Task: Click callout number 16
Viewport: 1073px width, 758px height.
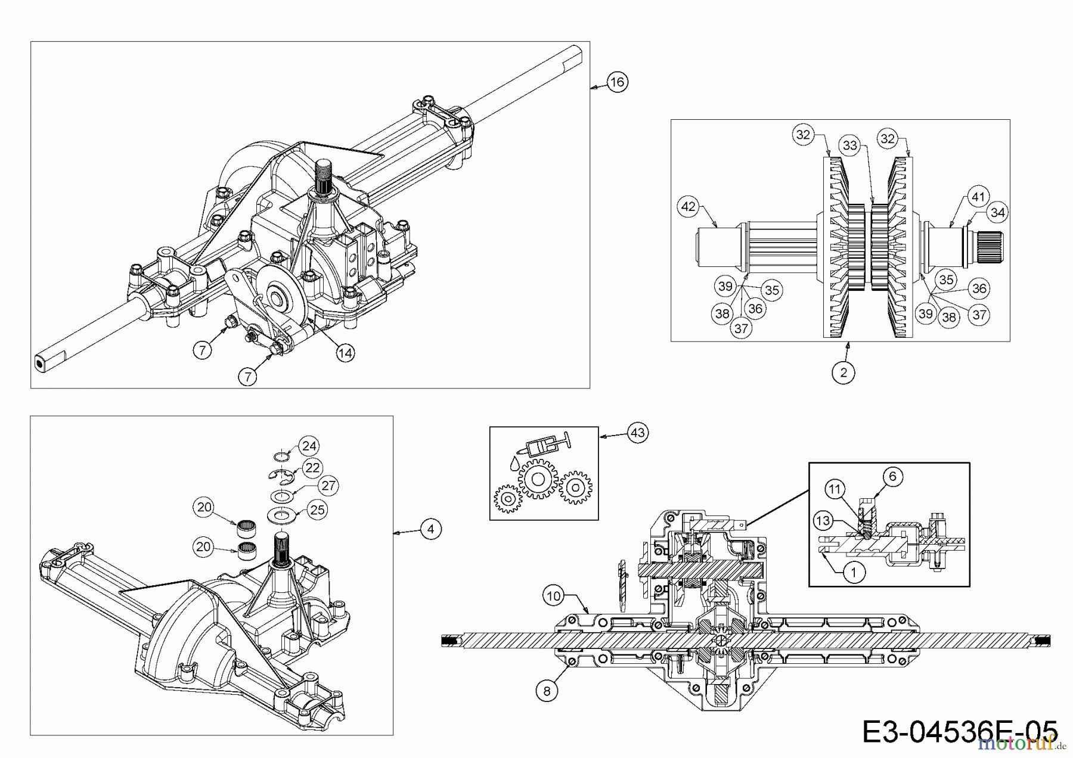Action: [618, 81]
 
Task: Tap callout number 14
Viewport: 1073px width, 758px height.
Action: [345, 353]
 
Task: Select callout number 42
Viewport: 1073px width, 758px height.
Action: [688, 207]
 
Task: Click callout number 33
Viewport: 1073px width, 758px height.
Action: [849, 145]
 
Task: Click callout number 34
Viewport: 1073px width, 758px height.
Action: [998, 212]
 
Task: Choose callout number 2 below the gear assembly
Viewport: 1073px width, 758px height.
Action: [843, 372]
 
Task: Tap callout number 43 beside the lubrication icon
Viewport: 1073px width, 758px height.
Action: [638, 432]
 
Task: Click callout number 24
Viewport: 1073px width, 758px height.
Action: [309, 446]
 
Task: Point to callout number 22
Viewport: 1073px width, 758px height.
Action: [312, 468]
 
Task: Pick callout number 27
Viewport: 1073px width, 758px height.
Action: [328, 486]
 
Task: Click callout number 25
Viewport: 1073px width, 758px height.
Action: [318, 510]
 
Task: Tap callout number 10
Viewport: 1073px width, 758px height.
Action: [554, 595]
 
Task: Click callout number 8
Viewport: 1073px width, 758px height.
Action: [547, 691]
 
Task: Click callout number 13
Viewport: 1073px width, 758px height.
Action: [823, 521]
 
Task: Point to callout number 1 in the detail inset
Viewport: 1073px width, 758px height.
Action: [854, 573]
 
